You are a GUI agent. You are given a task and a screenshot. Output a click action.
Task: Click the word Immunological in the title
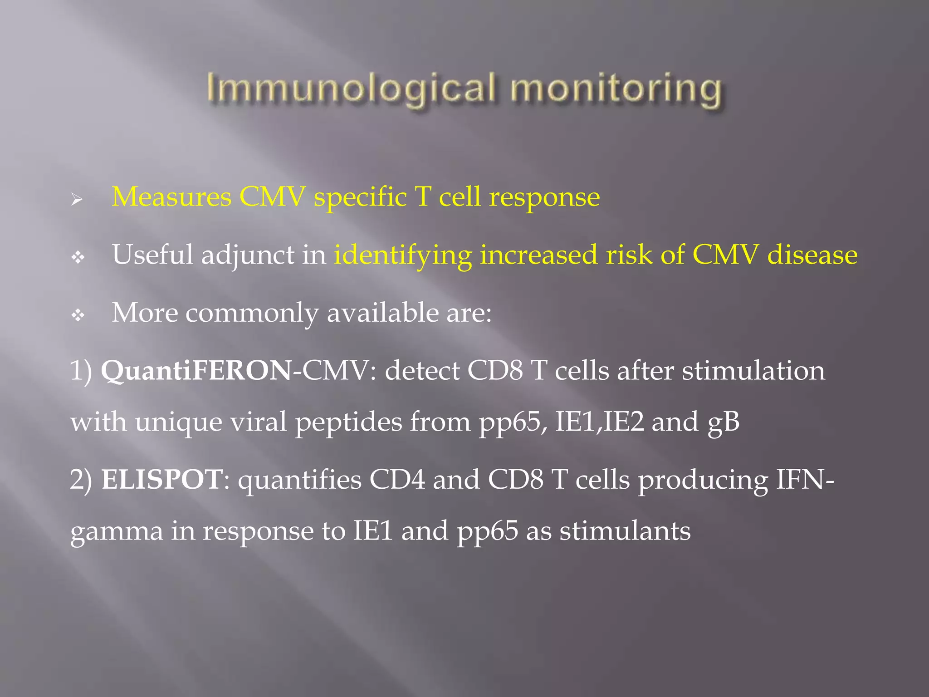tap(350, 88)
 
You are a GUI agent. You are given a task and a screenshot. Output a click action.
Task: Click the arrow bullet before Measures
tap(77, 199)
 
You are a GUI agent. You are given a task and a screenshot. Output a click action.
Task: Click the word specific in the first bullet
tap(360, 198)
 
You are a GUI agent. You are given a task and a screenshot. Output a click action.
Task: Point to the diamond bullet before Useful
tap(78, 258)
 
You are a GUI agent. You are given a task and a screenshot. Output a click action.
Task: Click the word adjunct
tap(248, 255)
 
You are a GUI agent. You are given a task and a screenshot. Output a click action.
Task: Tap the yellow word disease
tap(812, 255)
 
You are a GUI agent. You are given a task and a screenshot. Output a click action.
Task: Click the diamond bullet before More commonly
tap(78, 315)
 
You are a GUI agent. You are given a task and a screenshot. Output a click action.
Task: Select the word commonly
tap(252, 313)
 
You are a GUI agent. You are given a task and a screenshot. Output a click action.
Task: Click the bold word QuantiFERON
tap(196, 371)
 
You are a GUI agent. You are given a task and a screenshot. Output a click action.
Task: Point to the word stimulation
tap(753, 371)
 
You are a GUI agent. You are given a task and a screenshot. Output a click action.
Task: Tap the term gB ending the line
tap(723, 422)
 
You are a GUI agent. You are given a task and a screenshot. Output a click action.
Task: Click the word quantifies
tap(300, 480)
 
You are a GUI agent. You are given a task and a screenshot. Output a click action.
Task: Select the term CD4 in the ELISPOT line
tap(397, 479)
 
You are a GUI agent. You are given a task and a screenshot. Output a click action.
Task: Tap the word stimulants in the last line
tap(625, 531)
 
